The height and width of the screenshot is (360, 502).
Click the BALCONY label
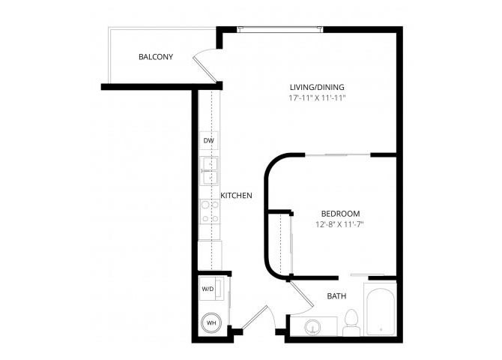click(x=156, y=57)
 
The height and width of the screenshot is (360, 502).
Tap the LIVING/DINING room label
click(x=317, y=87)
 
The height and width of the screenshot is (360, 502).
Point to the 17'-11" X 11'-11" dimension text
click(x=317, y=97)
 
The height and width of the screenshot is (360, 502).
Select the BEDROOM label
click(x=340, y=214)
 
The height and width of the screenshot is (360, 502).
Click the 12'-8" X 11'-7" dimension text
click(x=339, y=224)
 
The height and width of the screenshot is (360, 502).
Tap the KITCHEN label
click(x=236, y=195)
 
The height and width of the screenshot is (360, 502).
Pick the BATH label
click(x=336, y=296)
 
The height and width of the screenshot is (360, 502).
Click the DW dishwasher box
click(x=209, y=140)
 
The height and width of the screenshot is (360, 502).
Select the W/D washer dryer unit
click(x=211, y=289)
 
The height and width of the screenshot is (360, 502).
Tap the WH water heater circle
click(x=211, y=322)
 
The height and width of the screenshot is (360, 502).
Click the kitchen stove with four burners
click(x=210, y=211)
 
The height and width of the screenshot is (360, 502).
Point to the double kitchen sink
click(x=209, y=170)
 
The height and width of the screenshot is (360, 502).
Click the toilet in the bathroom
click(x=351, y=322)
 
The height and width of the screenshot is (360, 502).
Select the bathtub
click(x=381, y=309)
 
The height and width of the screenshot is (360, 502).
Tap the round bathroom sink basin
click(x=312, y=327)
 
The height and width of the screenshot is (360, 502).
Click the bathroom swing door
click(x=301, y=293)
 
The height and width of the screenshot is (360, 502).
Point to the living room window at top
click(x=280, y=29)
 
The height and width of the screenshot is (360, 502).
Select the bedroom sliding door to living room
click(x=338, y=155)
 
